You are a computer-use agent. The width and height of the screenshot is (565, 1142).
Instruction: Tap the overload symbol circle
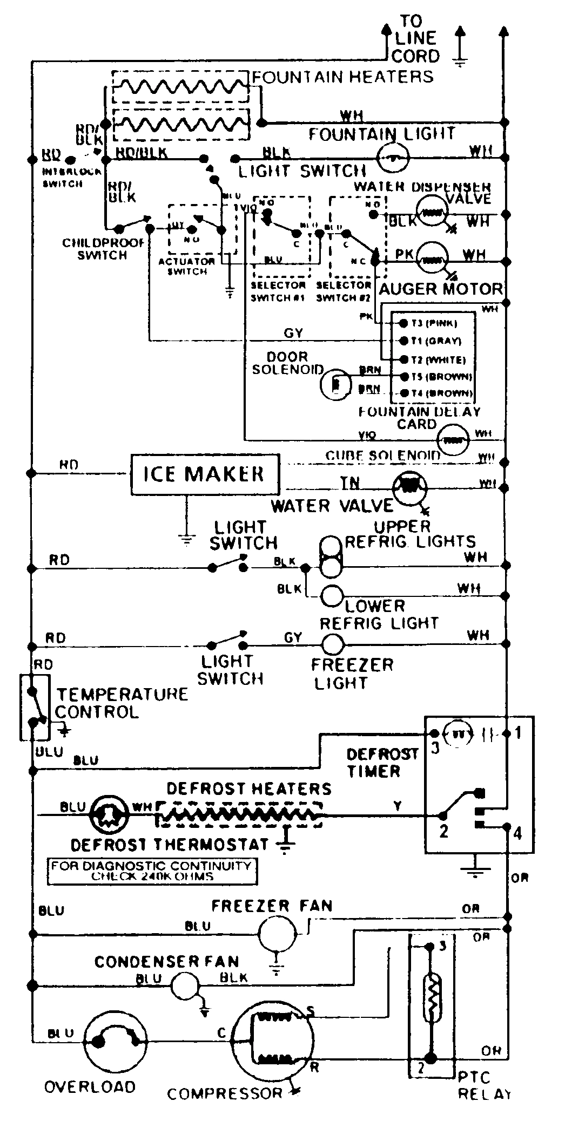(116, 1041)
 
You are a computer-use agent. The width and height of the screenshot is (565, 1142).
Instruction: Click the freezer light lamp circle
(333, 644)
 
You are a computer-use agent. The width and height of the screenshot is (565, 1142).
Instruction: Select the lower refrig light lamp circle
(333, 595)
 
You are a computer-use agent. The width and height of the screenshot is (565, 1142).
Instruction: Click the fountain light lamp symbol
(393, 158)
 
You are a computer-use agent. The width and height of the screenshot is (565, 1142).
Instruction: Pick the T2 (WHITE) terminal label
(439, 359)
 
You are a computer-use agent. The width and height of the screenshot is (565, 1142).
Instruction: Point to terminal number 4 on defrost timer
(517, 833)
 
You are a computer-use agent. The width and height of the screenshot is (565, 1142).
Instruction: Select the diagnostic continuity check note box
(151, 871)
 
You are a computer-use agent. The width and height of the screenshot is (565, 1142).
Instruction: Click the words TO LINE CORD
(415, 39)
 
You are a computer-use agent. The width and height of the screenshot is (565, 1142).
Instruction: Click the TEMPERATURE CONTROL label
(122, 703)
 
